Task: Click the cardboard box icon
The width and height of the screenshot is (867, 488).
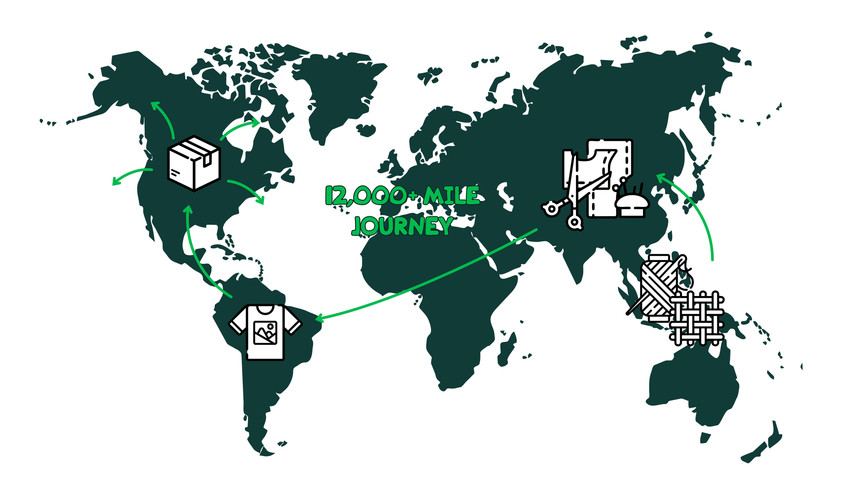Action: [194, 163]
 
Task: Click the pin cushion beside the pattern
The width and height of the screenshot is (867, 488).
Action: [632, 205]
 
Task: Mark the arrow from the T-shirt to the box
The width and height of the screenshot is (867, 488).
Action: [198, 253]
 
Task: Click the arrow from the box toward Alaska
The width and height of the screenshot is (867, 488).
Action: [165, 118]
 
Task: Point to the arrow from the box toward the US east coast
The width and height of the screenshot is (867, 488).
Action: [248, 189]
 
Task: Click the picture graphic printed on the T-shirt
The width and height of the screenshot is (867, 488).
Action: [265, 333]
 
